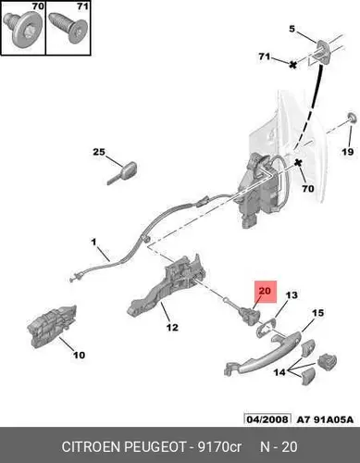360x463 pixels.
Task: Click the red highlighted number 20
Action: point(265,291)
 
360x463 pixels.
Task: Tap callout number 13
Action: point(292,295)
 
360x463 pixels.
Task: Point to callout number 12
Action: point(172,327)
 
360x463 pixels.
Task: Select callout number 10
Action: point(79,355)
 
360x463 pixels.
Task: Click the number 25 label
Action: point(99,152)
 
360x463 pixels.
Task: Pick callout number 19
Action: point(347,152)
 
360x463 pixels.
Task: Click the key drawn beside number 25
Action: point(122,173)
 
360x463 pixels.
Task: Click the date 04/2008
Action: point(267,419)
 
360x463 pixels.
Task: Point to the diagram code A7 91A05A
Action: point(325,419)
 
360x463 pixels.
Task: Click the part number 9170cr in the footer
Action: point(219,446)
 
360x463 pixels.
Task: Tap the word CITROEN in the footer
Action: point(91,446)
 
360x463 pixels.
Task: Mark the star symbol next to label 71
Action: point(292,65)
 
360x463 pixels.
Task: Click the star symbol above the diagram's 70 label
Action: point(298,162)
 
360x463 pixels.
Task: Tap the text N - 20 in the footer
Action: point(279,446)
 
